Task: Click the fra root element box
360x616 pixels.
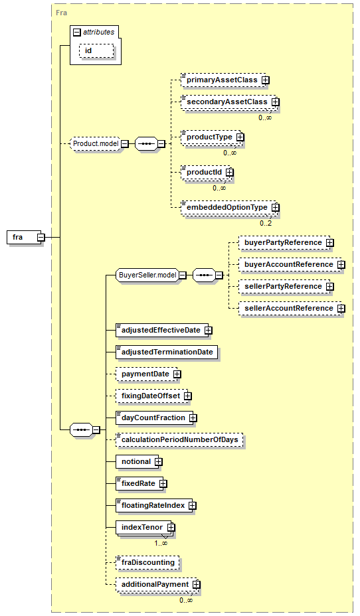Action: (x=24, y=237)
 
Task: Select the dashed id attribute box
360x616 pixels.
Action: (x=96, y=50)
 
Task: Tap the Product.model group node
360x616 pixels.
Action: (x=96, y=144)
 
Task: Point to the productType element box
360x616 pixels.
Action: (x=211, y=137)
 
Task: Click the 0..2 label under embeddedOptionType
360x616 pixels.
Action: (x=266, y=223)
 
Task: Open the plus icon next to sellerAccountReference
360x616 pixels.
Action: (x=341, y=309)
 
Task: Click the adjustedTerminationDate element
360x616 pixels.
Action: (x=167, y=352)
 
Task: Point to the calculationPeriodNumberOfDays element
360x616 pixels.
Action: (x=179, y=439)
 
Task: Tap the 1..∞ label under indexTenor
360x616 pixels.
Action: (x=161, y=544)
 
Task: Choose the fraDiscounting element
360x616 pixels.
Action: (x=147, y=563)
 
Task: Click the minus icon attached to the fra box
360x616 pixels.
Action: (x=41, y=237)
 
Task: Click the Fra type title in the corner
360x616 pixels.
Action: (x=61, y=13)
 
